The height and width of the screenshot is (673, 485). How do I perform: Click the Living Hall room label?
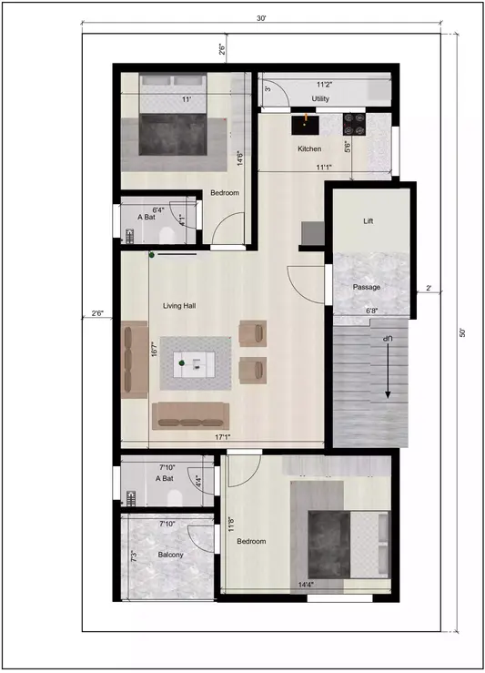tap(180, 306)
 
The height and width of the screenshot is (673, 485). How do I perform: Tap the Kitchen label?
tap(309, 148)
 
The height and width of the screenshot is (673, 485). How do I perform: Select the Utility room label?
tap(320, 98)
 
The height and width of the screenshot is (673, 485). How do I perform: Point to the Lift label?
tap(368, 221)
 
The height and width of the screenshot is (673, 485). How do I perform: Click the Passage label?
tap(367, 287)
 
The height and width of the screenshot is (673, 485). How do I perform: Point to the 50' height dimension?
tap(462, 333)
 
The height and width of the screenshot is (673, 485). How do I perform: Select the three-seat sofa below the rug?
tap(190, 415)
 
